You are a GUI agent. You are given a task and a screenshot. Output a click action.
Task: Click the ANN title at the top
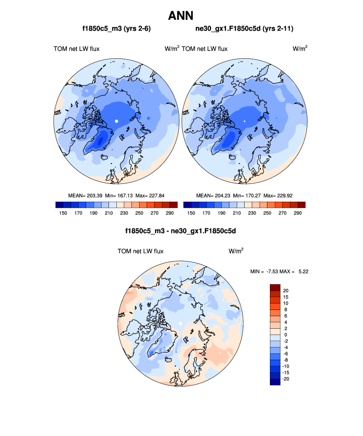pyautogui.click(x=181, y=15)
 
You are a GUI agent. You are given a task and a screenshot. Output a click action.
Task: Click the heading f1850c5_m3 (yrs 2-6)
pyautogui.click(x=116, y=29)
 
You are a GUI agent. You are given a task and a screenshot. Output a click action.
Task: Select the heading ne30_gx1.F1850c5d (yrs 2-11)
pyautogui.click(x=245, y=29)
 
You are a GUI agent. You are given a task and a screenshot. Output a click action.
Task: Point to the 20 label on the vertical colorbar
pyautogui.click(x=286, y=290)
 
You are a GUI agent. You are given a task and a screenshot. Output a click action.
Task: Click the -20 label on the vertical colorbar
pyautogui.click(x=285, y=379)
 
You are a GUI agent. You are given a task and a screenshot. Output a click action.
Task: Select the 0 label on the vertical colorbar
pyautogui.click(x=286, y=334)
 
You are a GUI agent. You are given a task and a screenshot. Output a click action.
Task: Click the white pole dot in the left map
pyautogui.click(x=116, y=121)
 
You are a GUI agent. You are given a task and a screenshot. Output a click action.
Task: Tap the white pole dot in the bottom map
pyautogui.click(x=181, y=323)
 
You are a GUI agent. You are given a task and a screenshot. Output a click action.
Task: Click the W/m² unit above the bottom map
pyautogui.click(x=236, y=251)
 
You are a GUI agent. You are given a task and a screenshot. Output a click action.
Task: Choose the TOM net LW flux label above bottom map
pyautogui.click(x=140, y=251)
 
